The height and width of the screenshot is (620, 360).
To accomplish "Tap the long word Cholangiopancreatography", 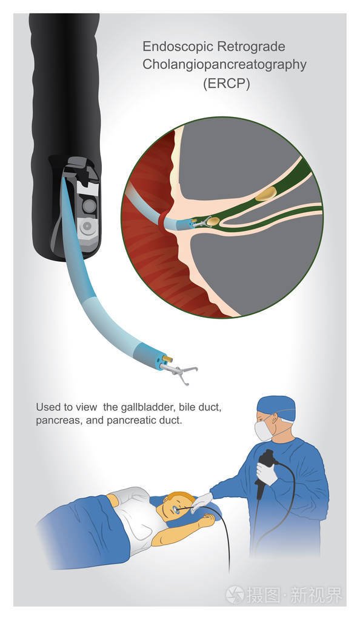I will (x=224, y=65).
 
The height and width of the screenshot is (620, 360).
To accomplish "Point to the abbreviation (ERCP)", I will (x=226, y=84).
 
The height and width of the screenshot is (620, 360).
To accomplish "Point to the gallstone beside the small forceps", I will (x=213, y=222).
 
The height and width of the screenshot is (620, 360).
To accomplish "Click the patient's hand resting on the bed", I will (x=205, y=519).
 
